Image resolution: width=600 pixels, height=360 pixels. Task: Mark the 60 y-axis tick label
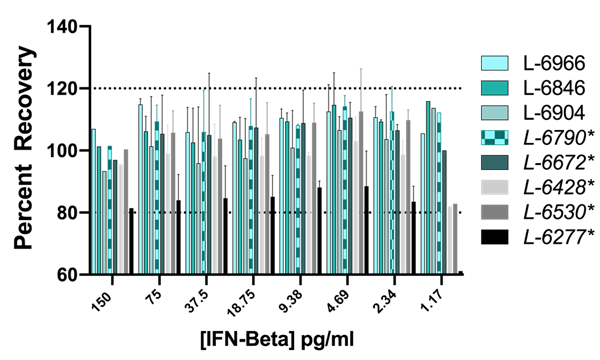point(64,273)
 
